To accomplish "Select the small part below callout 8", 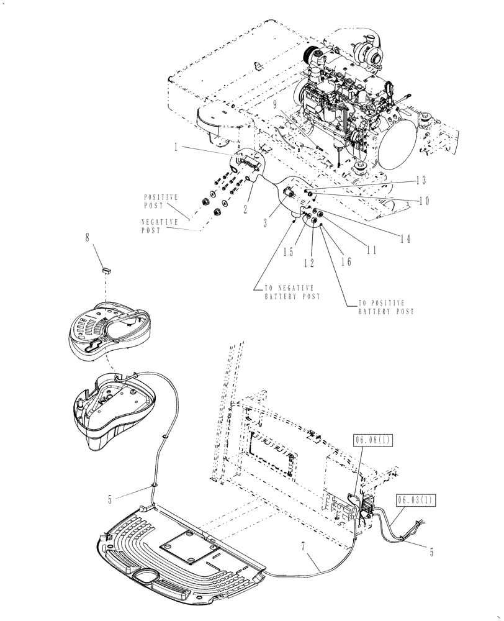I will [x=106, y=270].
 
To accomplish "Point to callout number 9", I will [x=274, y=106].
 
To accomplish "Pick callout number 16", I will [x=346, y=261].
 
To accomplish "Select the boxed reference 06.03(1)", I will [x=410, y=498].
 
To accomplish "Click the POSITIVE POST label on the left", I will [x=160, y=200].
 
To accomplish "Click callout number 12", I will [x=308, y=263].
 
